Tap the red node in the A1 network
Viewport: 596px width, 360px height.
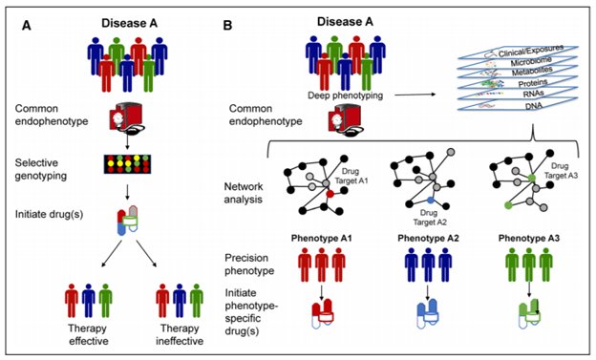(x=330, y=194)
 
